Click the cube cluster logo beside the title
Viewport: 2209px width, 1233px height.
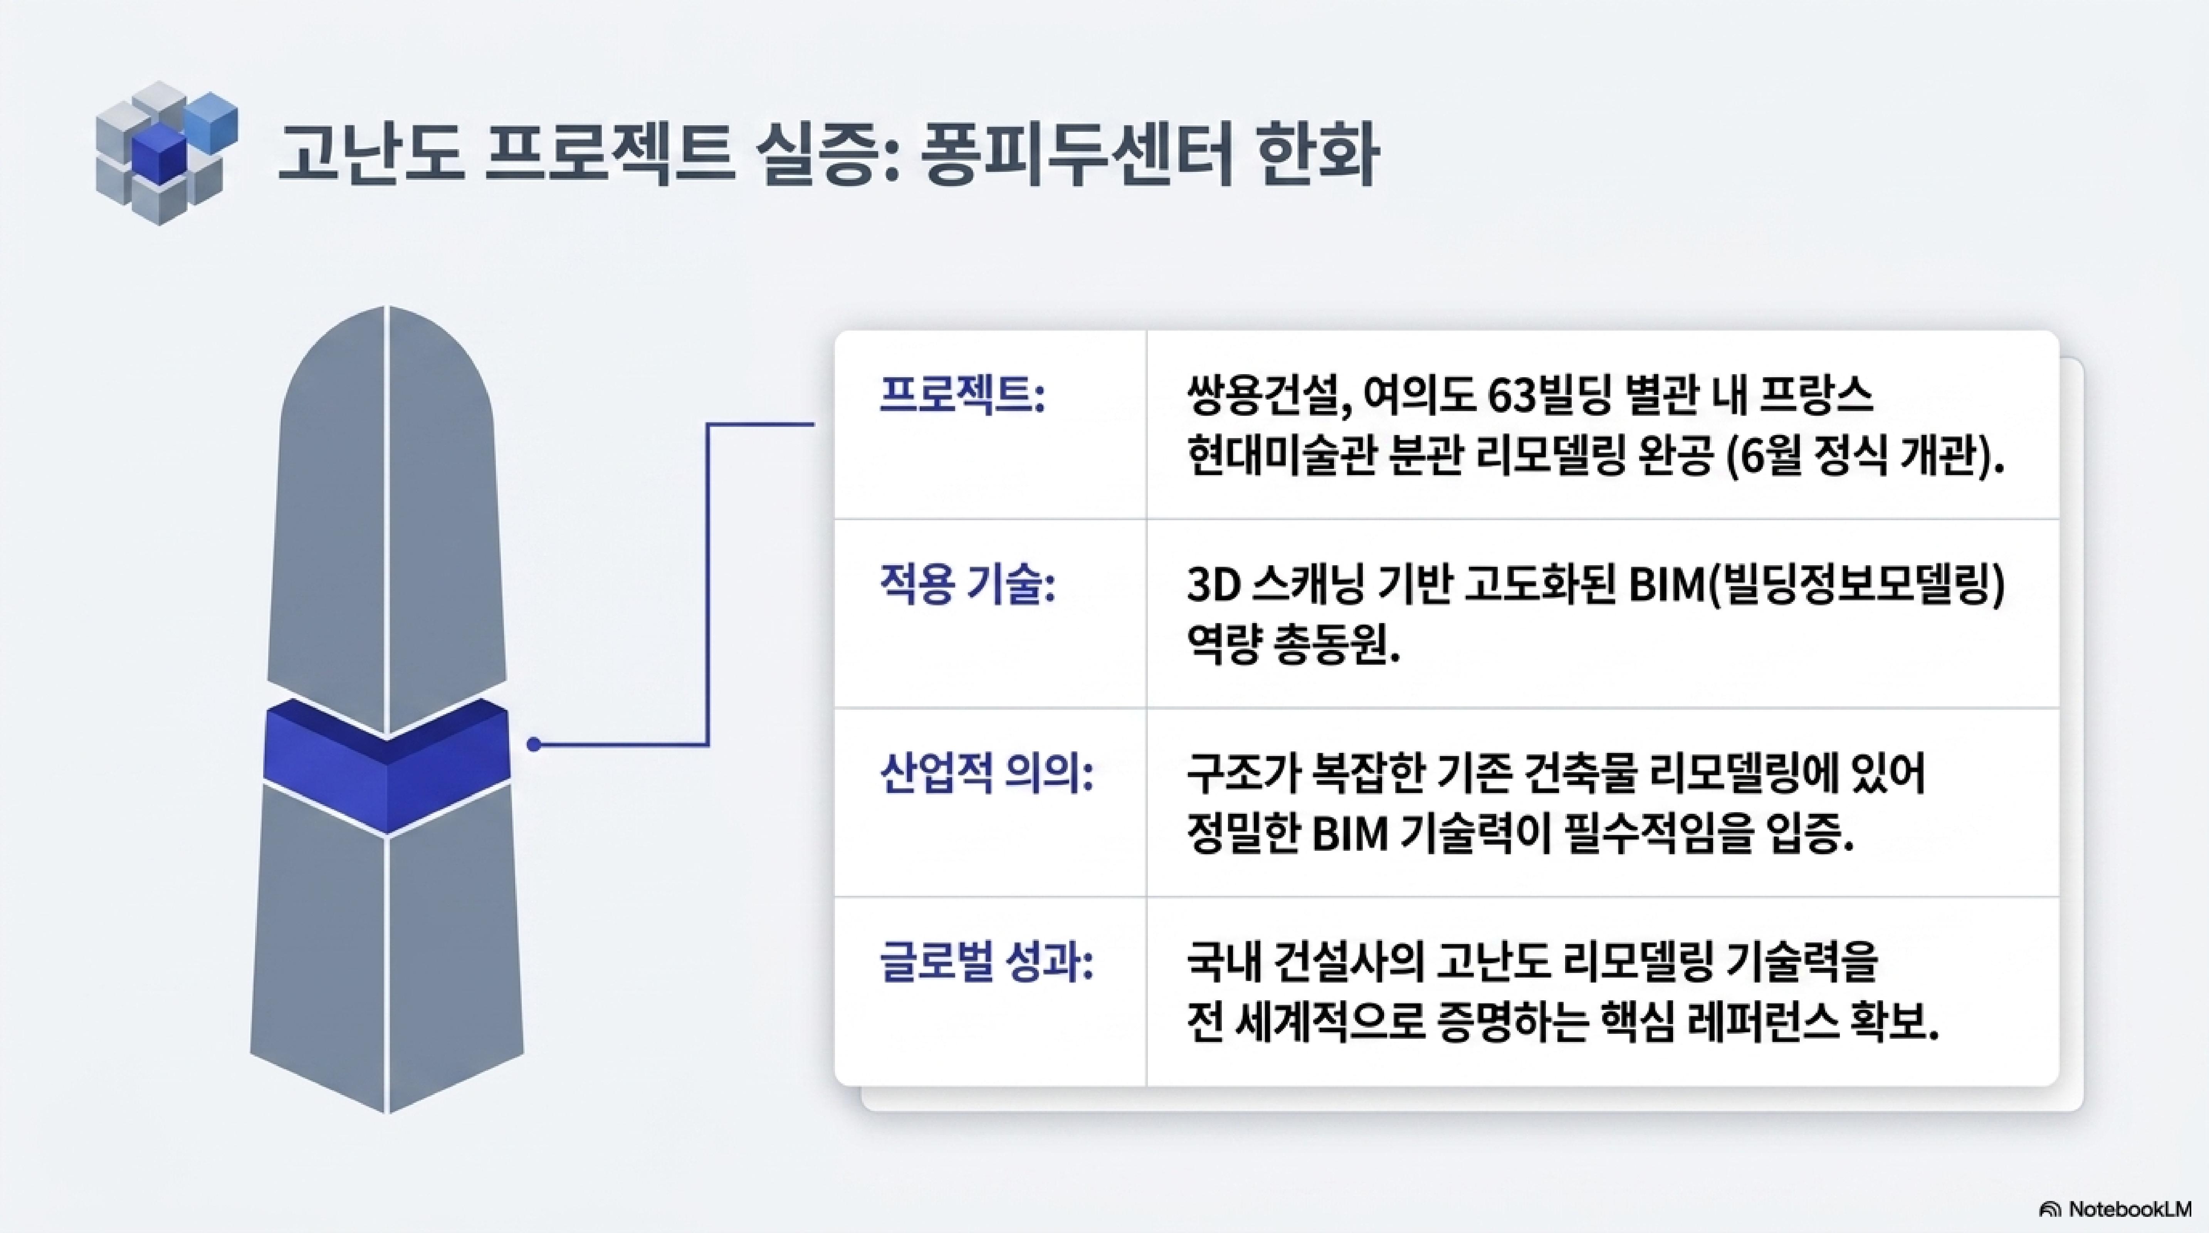[x=166, y=153]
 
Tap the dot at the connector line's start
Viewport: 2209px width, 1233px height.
[x=533, y=744]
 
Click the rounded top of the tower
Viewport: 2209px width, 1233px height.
[x=387, y=360]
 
